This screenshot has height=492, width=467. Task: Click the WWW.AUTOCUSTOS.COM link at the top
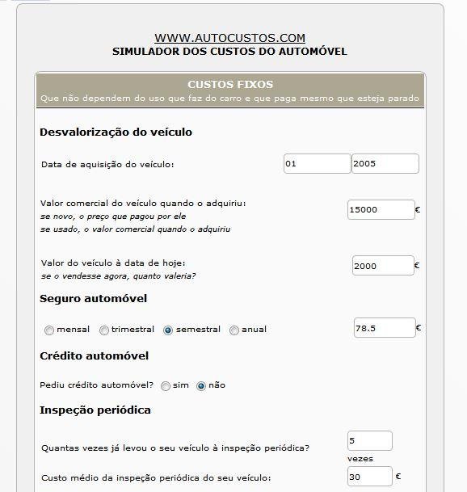point(229,38)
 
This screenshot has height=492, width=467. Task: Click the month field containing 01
point(316,163)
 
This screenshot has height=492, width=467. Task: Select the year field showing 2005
point(385,163)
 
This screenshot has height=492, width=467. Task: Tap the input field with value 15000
point(381,209)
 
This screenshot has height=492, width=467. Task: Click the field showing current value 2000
point(383,265)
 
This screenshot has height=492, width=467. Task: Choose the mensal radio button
point(50,330)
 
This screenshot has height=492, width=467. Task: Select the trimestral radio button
point(104,330)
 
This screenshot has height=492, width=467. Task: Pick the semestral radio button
point(168,330)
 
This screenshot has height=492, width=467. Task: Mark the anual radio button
point(234,330)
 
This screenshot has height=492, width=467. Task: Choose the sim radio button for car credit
point(166,386)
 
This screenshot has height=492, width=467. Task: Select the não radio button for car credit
point(201,386)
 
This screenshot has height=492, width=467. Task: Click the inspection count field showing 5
point(369,440)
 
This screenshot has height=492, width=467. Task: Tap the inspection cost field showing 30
point(369,477)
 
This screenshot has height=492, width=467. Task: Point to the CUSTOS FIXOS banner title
point(230,84)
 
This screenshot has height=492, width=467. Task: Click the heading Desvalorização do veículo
point(116,132)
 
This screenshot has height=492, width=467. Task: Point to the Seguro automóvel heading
point(94,299)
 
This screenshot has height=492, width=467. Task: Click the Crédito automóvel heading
point(95,355)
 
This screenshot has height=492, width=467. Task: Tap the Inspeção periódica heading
point(95,410)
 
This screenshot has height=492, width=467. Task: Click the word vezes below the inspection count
point(360,457)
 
